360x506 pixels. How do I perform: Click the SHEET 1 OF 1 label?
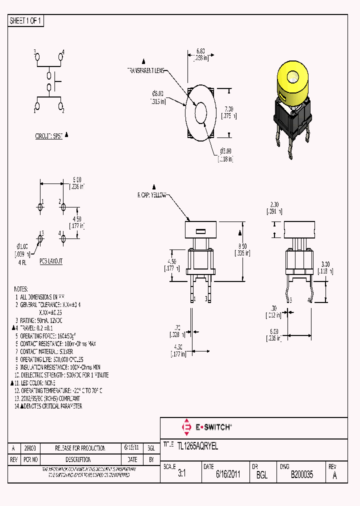[26, 21]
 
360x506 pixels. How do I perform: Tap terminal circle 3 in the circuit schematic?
[37, 58]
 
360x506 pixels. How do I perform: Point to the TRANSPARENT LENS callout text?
[146, 71]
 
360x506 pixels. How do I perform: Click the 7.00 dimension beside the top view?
[229, 111]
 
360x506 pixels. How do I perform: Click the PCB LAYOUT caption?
[51, 261]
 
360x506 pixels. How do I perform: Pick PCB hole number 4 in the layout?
[63, 239]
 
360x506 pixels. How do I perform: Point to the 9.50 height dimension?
[242, 249]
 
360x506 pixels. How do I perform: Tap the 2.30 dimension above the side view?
[274, 207]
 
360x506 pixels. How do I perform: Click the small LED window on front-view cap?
[200, 231]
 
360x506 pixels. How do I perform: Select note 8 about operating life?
[51, 359]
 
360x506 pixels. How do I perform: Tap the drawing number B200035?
[301, 475]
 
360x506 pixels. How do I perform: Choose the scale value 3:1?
[181, 475]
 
